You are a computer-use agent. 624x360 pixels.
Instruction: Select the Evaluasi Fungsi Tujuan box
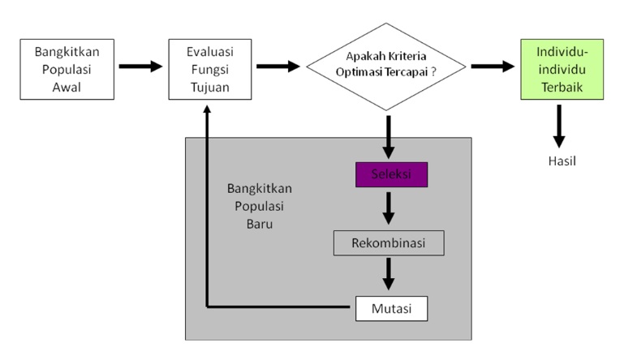[209, 68]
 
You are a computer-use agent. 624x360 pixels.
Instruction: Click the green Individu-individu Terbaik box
[562, 68]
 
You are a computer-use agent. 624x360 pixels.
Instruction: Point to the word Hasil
[562, 161]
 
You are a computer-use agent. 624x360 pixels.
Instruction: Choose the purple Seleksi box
[389, 175]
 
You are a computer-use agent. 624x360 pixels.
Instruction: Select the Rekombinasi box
[389, 242]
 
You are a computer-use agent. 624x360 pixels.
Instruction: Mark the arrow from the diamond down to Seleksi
[389, 138]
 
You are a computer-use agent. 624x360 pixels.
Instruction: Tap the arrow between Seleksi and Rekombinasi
[389, 208]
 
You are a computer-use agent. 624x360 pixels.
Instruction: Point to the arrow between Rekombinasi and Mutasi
[389, 275]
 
